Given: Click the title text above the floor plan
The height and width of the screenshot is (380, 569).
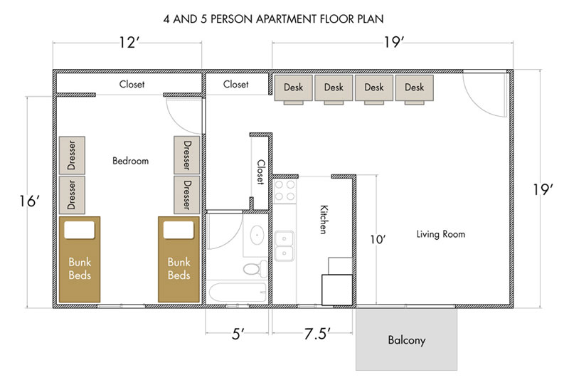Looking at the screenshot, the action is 273,19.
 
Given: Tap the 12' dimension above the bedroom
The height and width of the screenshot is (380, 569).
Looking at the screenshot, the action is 129,43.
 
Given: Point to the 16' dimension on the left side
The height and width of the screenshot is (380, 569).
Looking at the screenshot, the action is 30,201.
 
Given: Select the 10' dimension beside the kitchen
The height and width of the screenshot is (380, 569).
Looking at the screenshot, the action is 378,240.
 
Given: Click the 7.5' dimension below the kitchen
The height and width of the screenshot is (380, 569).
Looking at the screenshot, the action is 317,334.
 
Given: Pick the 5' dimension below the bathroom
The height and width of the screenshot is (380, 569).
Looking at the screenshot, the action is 238,334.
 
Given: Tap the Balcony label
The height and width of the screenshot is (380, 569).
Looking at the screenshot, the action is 406,340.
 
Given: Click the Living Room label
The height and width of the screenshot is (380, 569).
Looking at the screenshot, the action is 440,234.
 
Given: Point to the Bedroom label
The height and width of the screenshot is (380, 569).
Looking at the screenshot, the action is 130,161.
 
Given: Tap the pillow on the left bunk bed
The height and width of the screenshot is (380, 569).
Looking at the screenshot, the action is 80,230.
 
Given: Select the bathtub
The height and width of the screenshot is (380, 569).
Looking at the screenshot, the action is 238,292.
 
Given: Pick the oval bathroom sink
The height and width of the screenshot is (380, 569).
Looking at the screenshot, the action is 257,235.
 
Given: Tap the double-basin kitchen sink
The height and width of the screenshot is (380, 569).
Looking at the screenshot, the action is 284,246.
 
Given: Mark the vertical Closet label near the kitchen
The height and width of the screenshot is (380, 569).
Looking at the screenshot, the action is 260,172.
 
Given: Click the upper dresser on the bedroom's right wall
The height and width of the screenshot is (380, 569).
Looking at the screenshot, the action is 186,155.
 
